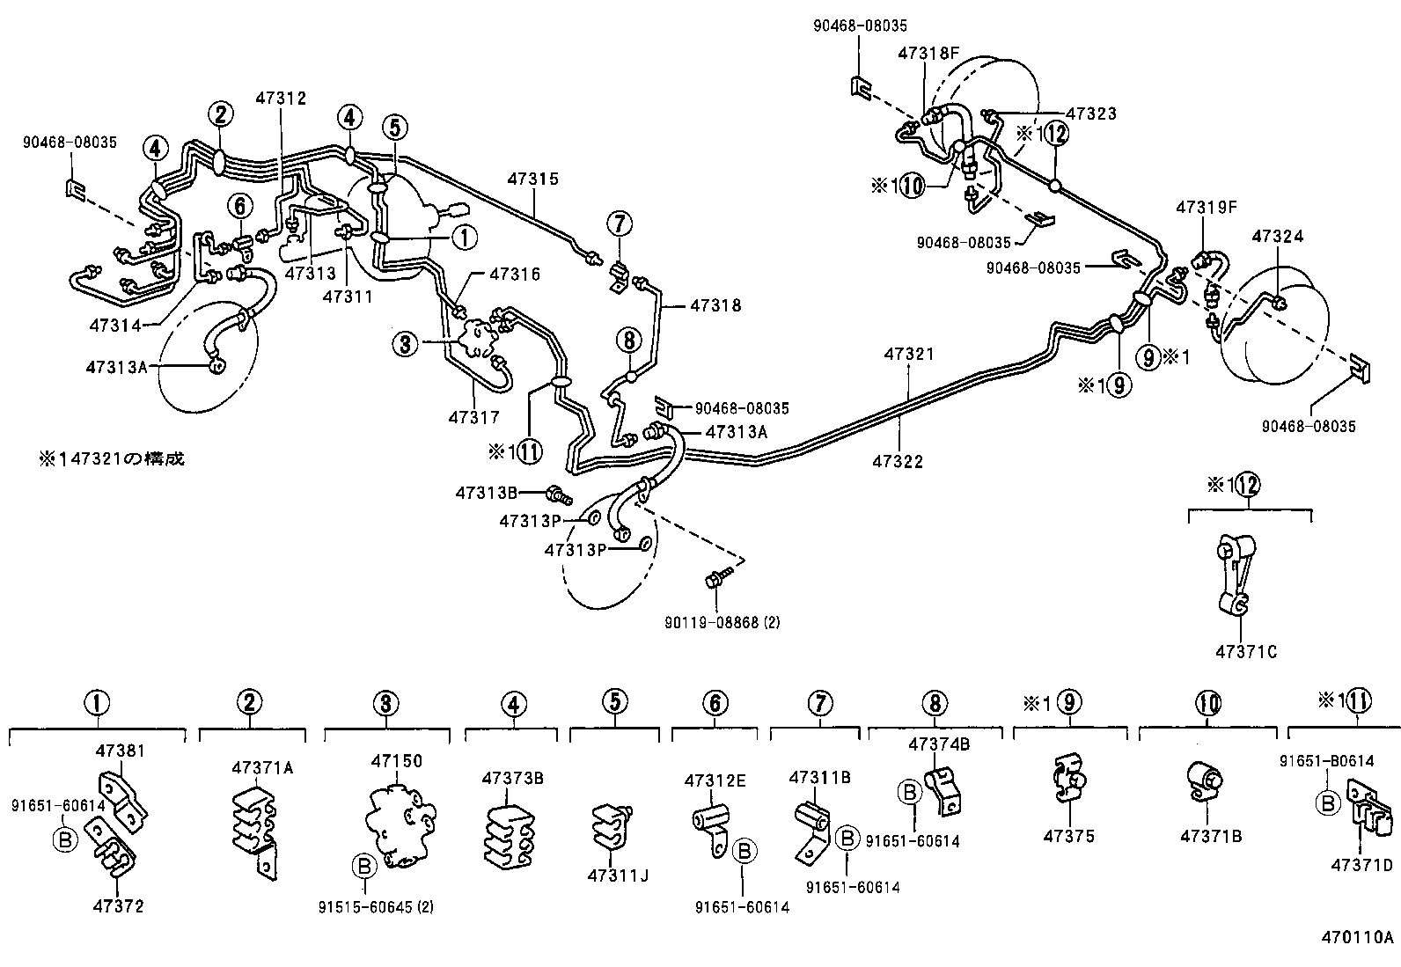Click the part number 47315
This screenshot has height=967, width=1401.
pyautogui.click(x=532, y=179)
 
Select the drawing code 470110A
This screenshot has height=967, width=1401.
pyautogui.click(x=1356, y=936)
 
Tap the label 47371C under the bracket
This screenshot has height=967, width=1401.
pyautogui.click(x=1245, y=652)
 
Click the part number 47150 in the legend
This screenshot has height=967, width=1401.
pyautogui.click(x=396, y=761)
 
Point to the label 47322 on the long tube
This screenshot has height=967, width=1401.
pyautogui.click(x=898, y=461)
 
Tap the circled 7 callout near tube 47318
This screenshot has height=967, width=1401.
pyautogui.click(x=619, y=224)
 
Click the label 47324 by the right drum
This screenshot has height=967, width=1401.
pyautogui.click(x=1277, y=237)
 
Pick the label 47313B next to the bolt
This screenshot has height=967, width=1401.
pyautogui.click(x=486, y=493)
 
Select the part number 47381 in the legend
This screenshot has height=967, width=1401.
pyautogui.click(x=120, y=751)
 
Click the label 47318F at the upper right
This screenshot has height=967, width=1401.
pyautogui.click(x=928, y=53)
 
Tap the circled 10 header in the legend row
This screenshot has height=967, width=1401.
pyautogui.click(x=1208, y=703)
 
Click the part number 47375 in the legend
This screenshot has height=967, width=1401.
pyautogui.click(x=1069, y=836)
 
